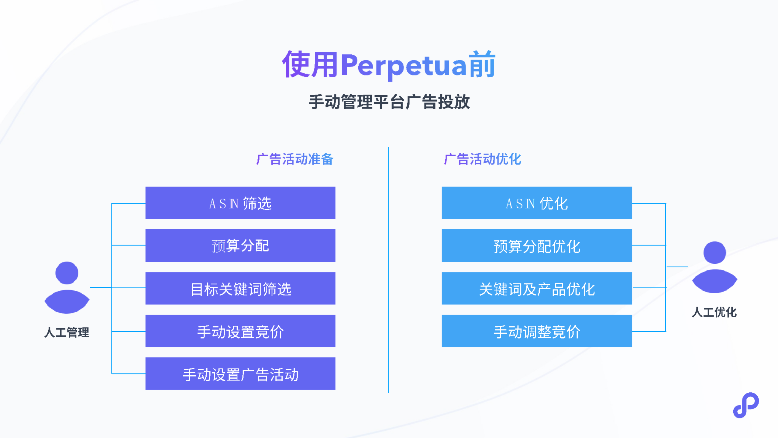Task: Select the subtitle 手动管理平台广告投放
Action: click(389, 102)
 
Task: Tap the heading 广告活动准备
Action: click(295, 159)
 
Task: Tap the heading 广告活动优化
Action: click(483, 159)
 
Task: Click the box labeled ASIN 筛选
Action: click(240, 203)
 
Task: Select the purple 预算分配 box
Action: click(240, 245)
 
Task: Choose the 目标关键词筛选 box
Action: click(240, 288)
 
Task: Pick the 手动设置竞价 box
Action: click(240, 331)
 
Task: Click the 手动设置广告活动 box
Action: click(240, 374)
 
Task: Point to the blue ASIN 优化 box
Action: click(537, 203)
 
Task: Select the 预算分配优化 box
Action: click(537, 245)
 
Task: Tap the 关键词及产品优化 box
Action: click(537, 288)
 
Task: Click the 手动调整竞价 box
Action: click(537, 331)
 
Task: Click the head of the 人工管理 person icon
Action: click(67, 273)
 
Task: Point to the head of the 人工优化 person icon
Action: click(715, 252)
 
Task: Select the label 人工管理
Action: click(67, 332)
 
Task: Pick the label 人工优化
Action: click(714, 312)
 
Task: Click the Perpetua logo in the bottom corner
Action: click(746, 405)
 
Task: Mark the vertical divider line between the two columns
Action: click(389, 270)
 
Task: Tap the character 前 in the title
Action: click(482, 64)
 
